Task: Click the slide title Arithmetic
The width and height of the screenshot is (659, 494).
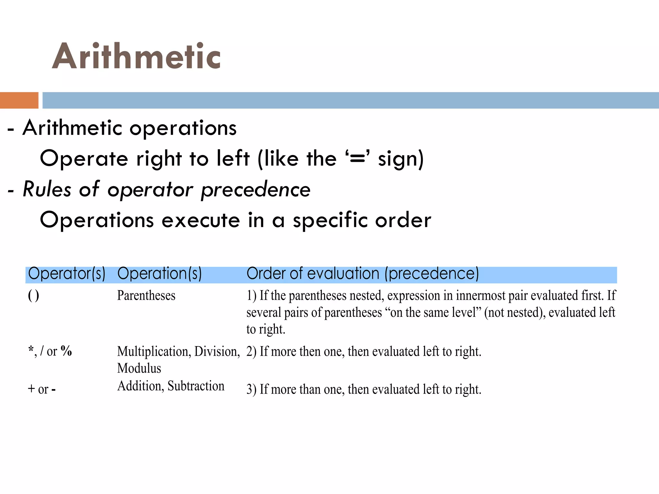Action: [136, 56]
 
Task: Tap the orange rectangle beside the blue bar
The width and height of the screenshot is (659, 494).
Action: [19, 100]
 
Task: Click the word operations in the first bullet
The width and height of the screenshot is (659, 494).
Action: [183, 128]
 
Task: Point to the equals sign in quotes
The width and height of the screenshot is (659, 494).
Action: [357, 158]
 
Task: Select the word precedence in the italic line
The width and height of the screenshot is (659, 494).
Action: [256, 189]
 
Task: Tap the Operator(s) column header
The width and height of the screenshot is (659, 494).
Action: [67, 274]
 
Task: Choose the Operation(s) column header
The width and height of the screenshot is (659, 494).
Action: [159, 274]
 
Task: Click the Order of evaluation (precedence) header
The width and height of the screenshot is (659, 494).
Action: [363, 274]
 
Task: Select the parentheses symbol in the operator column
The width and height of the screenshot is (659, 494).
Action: [33, 296]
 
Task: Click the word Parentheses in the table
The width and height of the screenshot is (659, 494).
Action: [146, 296]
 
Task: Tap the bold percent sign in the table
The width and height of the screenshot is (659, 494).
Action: [66, 351]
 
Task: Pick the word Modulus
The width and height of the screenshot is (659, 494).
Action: [139, 368]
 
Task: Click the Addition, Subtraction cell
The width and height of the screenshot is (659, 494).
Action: [171, 386]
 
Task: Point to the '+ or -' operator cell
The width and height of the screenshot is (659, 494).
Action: [42, 389]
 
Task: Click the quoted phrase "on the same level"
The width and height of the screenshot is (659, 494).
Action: [433, 313]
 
